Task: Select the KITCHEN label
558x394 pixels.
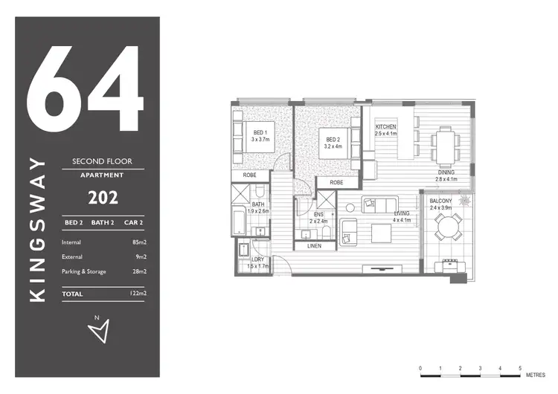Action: pyautogui.click(x=385, y=131)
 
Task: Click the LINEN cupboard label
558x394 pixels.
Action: pyautogui.click(x=314, y=246)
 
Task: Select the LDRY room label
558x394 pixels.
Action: pyautogui.click(x=257, y=261)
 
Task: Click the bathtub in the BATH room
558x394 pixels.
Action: pyautogui.click(x=239, y=223)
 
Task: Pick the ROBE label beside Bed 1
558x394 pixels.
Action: pyautogui.click(x=249, y=175)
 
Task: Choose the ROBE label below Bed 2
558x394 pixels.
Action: pyautogui.click(x=336, y=182)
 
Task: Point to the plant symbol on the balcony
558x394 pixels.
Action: pyautogui.click(x=466, y=200)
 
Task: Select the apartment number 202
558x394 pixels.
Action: pyautogui.click(x=102, y=198)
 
